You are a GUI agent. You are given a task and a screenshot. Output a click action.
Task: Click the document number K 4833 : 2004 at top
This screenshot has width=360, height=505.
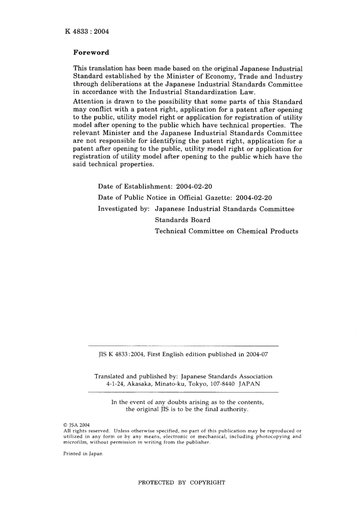[x=87, y=31]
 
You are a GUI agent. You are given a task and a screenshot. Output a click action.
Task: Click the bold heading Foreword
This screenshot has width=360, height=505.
[x=91, y=53]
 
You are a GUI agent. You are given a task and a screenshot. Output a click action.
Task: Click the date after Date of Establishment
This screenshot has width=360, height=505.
[x=194, y=186]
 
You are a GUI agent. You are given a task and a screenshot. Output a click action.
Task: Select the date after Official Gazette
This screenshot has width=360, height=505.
[x=254, y=198]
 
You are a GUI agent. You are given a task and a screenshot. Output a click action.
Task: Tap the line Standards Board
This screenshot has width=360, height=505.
[x=182, y=220]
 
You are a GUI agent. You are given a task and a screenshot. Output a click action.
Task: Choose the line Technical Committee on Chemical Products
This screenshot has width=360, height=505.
[x=226, y=231]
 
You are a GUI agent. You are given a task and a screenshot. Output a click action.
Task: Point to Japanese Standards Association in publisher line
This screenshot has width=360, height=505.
[x=227, y=377]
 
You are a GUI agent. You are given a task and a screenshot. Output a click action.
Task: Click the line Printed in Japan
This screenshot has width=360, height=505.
[x=83, y=453]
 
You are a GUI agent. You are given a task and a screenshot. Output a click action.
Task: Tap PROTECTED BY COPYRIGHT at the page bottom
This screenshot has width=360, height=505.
[x=182, y=483]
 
